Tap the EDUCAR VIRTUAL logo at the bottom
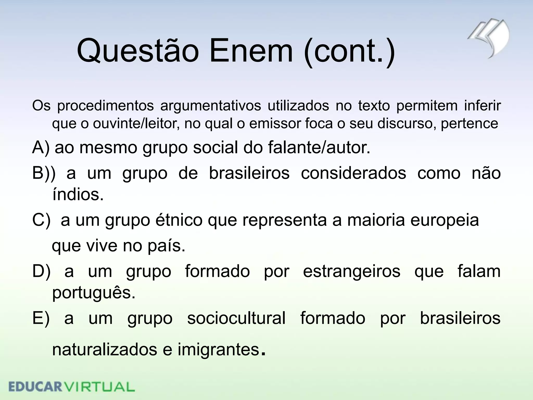[72, 387]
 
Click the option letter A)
[41, 148]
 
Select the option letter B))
[44, 173]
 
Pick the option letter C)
[41, 220]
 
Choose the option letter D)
[41, 271]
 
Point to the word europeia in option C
[445, 220]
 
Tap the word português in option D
[94, 293]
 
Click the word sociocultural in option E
[236, 318]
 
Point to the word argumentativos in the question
[211, 106]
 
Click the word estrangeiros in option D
[352, 271]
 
